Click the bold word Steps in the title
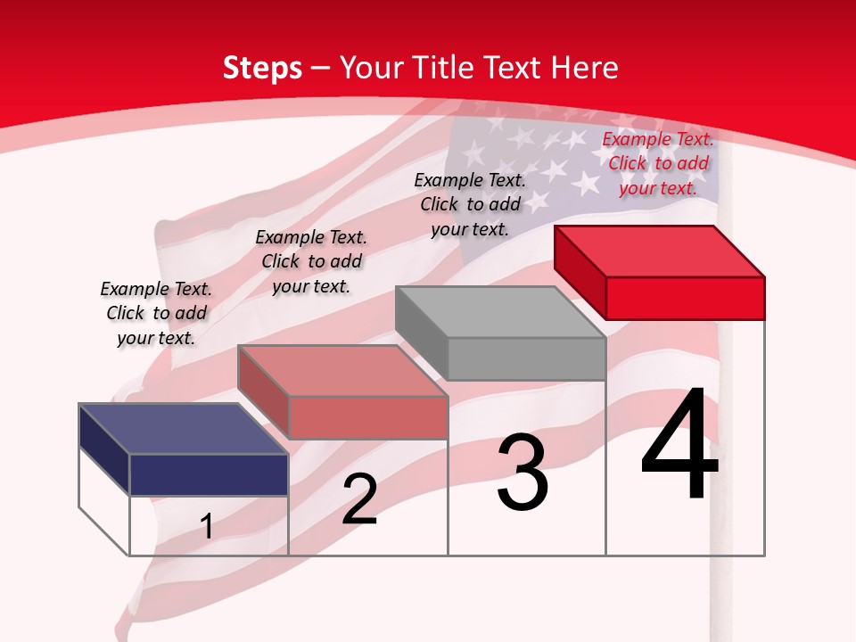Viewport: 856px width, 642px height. click(x=262, y=68)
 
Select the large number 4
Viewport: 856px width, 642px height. click(x=679, y=445)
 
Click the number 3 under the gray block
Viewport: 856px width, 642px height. click(x=523, y=473)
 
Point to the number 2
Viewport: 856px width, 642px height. click(x=359, y=499)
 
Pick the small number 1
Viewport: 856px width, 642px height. click(x=207, y=526)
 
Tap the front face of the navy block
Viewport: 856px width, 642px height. click(x=209, y=474)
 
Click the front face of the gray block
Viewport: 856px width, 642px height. click(x=526, y=359)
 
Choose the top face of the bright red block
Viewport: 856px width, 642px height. click(x=660, y=251)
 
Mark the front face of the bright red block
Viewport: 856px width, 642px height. click(x=685, y=298)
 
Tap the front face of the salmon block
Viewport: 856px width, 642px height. click(x=367, y=417)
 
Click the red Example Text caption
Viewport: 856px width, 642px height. click(x=658, y=163)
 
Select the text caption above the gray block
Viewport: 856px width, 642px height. click(x=470, y=204)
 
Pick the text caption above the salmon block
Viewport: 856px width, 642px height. click(x=311, y=261)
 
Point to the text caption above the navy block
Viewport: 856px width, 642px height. click(x=156, y=313)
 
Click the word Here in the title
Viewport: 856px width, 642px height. click(x=585, y=68)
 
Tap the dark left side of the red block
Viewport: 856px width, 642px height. click(x=580, y=273)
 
